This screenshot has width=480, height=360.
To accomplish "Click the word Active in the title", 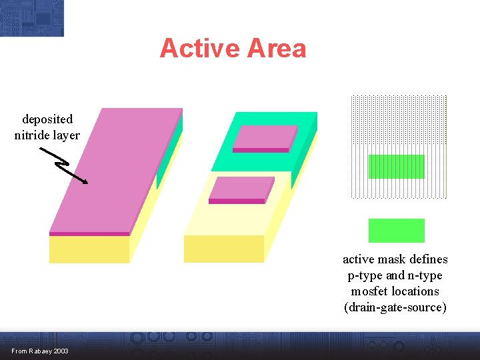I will (199, 49).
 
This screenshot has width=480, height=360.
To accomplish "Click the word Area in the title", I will (277, 49).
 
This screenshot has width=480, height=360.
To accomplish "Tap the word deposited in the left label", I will (47, 120).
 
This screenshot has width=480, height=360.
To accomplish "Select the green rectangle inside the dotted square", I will (396, 167).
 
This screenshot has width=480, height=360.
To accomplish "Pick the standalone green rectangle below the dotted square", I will (396, 231).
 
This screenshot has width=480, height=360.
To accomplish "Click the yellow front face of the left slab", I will (89, 249).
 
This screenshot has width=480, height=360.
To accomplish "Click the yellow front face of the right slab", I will (223, 249).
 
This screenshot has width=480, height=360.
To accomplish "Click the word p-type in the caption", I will (365, 275).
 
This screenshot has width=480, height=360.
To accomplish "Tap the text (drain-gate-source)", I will (395, 307).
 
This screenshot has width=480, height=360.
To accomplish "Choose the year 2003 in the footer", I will (60, 351).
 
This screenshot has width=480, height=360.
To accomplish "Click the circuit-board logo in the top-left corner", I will (32, 18).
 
